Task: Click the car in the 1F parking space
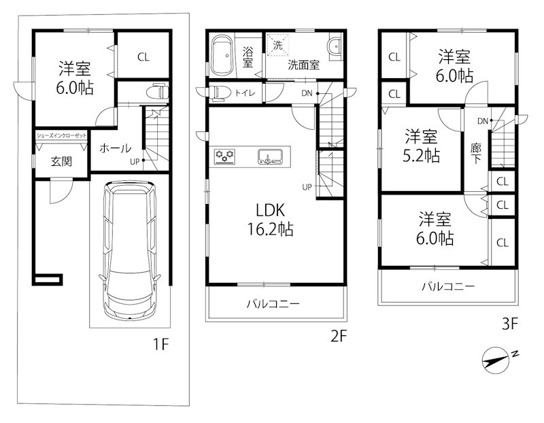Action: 130,250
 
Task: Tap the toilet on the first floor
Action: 158,92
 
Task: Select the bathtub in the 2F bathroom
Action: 222,56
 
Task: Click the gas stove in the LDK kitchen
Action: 225,156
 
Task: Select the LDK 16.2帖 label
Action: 271,220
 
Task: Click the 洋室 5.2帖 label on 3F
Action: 421,146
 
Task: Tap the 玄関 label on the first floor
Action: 61,161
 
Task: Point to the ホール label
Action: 115,148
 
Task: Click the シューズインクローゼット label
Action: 61,136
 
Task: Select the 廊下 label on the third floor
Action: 476,154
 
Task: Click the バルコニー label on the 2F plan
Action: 273,304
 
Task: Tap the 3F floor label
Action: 510,324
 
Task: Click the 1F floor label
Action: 160,344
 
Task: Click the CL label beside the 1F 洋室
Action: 143,57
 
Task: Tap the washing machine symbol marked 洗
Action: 278,45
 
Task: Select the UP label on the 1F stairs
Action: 135,161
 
